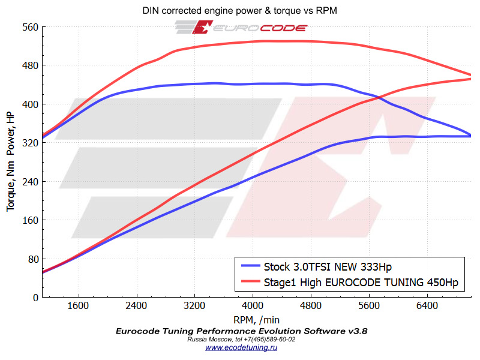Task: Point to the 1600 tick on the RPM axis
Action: tap(78, 306)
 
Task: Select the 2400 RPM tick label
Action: tap(136, 306)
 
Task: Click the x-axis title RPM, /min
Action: tap(256, 319)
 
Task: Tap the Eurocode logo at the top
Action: tap(241, 28)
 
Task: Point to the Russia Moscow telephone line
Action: tap(241, 339)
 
